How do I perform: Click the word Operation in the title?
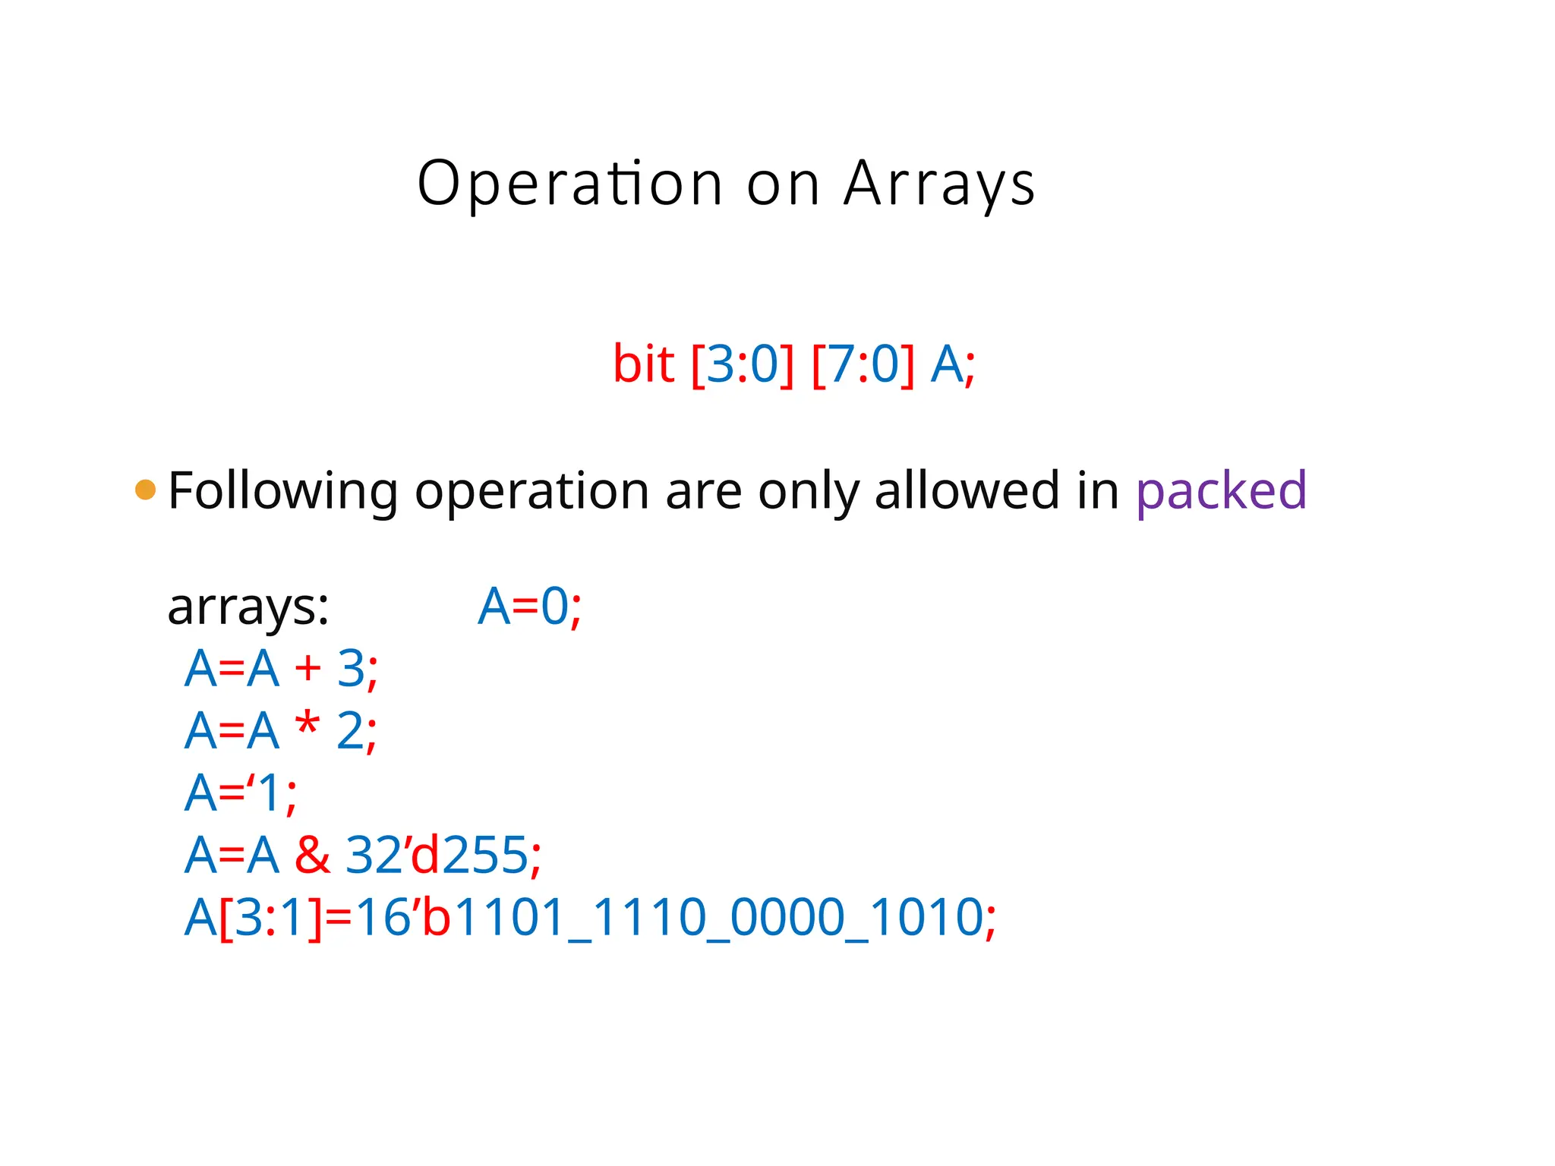pos(569,184)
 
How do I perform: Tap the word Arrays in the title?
pos(939,184)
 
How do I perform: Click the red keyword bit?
pos(643,364)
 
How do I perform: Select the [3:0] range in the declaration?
pos(743,364)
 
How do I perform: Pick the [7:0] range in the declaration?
pos(863,364)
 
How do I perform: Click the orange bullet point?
pos(145,490)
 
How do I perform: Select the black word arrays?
pos(248,608)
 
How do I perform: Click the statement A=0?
pos(529,607)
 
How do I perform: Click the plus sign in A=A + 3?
pos(308,669)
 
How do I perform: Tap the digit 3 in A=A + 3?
pos(351,669)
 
